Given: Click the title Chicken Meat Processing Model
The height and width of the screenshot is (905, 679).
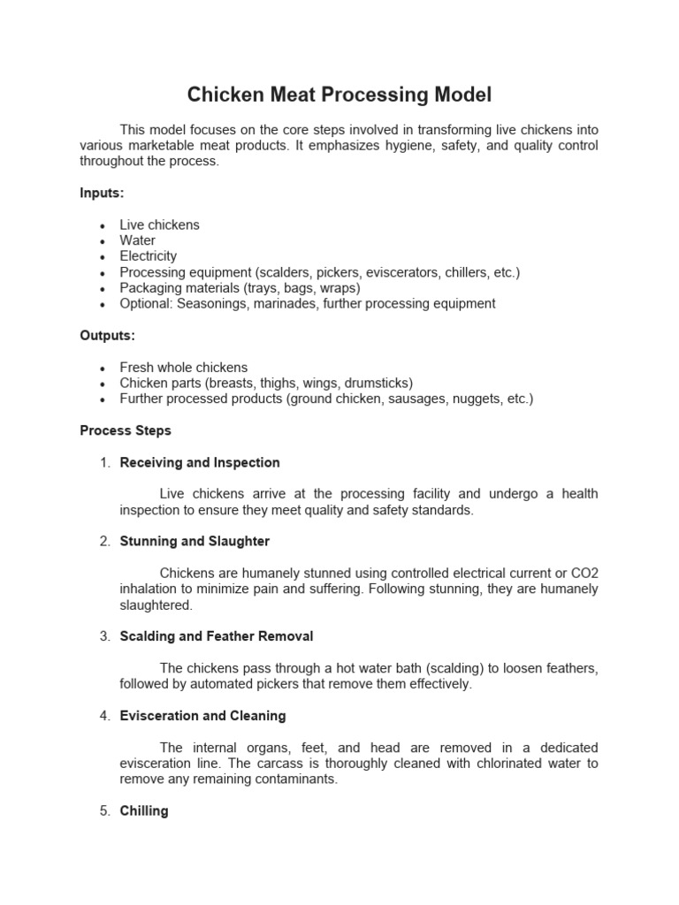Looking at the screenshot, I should point(339,95).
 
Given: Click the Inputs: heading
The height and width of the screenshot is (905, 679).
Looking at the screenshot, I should point(102,193).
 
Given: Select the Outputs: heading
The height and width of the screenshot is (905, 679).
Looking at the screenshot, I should point(107,335).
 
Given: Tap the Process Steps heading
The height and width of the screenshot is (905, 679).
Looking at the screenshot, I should point(126,430).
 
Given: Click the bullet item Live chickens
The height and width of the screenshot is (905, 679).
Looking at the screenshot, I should point(159,224).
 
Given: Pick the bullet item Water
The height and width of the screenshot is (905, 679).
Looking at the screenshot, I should point(137,240).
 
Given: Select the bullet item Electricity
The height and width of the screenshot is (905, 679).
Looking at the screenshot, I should point(149,256).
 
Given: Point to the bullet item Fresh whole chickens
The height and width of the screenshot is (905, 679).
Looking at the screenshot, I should point(183,367).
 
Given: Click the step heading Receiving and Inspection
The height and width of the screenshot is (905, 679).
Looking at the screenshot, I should point(200,462).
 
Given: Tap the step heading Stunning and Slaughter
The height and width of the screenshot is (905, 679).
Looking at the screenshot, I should point(195,541).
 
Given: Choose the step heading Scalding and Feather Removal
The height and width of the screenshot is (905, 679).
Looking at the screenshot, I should point(216,636).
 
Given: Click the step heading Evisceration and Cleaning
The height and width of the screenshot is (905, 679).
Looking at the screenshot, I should point(202,716).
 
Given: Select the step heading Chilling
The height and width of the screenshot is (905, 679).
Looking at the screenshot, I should point(144,810).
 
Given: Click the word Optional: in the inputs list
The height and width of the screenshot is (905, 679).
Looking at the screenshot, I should point(146,303).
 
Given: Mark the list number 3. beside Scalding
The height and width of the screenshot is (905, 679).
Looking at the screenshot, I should point(103,636).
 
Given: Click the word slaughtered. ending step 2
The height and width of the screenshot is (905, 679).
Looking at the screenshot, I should point(156,605).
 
